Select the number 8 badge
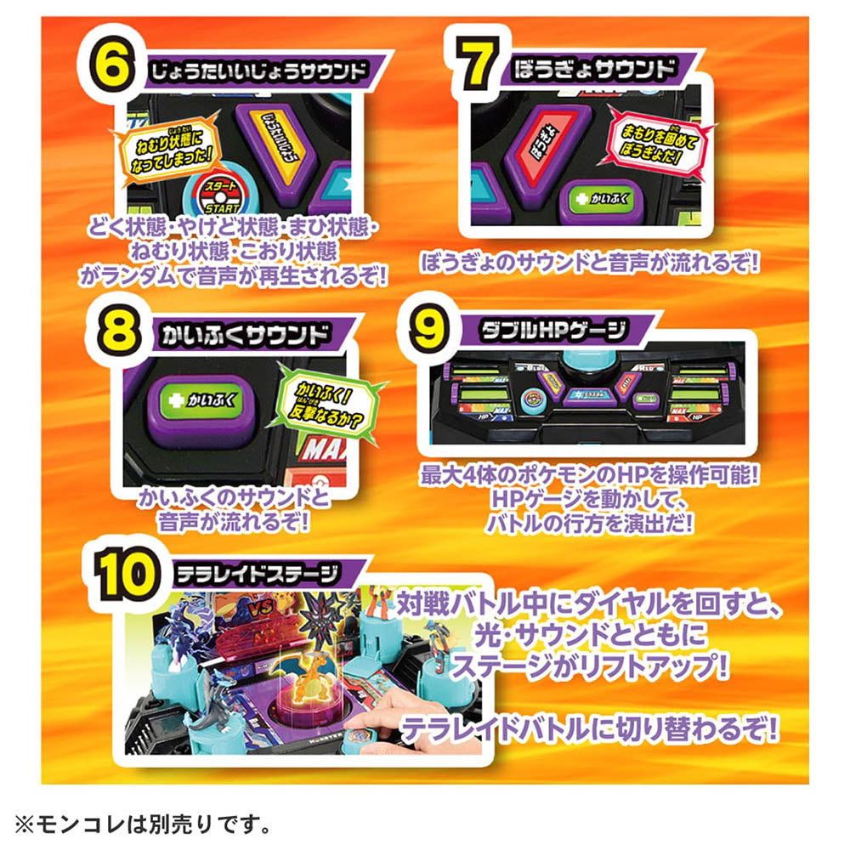[x=115, y=332]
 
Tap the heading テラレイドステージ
[x=256, y=574]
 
